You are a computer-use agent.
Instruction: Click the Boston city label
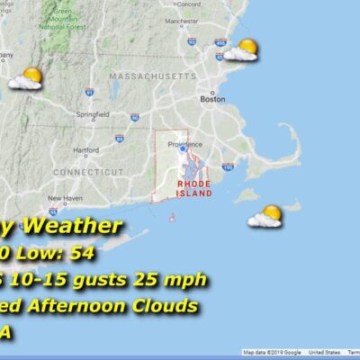[212, 100]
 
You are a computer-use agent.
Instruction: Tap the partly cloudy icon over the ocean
[266, 216]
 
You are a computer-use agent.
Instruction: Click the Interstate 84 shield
[119, 139]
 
